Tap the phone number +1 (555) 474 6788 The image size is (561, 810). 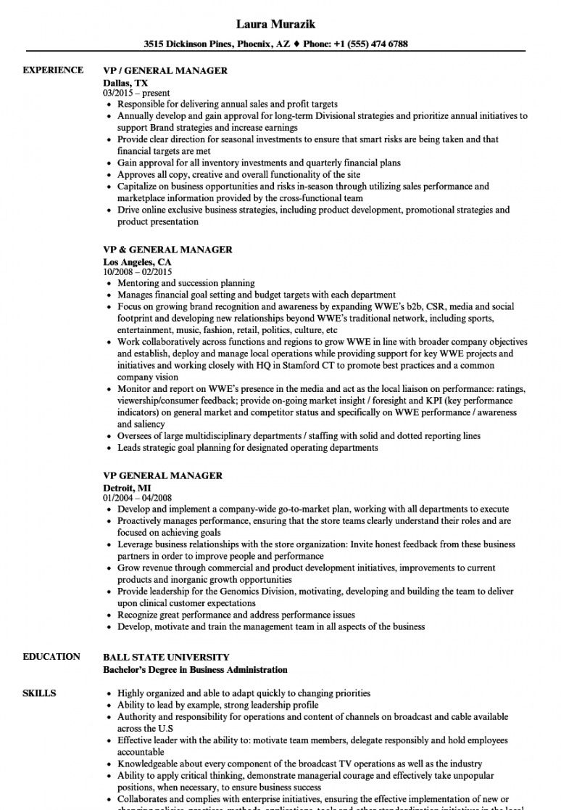371,44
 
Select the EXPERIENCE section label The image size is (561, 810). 53,70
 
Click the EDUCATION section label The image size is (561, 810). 51,656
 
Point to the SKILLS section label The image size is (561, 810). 39,693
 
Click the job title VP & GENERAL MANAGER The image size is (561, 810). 167,250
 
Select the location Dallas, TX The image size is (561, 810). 125,83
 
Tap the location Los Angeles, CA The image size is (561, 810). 138,261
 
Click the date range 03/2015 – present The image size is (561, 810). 136,94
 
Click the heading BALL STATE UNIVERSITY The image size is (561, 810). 166,657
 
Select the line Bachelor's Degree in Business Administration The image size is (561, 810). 195,669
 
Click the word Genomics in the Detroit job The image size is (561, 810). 236,592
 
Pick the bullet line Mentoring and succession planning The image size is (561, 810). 186,283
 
